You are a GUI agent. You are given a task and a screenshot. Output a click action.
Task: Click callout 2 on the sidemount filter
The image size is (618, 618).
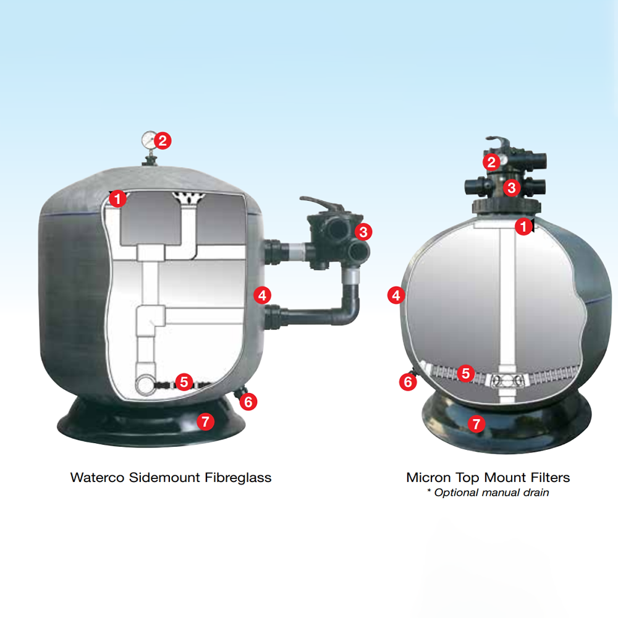[x=163, y=140]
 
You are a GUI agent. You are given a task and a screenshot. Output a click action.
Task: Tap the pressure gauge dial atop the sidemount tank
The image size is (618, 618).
[x=148, y=138]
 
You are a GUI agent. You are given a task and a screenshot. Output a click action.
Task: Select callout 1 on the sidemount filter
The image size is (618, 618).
[x=117, y=198]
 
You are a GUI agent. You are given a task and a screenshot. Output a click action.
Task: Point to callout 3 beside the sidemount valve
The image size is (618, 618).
[x=363, y=232]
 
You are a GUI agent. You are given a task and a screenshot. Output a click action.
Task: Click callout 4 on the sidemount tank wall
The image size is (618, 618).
[x=263, y=295]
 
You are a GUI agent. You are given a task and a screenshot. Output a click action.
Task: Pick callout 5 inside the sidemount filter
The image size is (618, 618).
[x=184, y=381]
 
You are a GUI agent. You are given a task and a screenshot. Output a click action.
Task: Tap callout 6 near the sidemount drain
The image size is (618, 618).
[x=248, y=402]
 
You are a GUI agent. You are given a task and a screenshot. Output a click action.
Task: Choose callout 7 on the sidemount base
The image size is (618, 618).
[x=205, y=421]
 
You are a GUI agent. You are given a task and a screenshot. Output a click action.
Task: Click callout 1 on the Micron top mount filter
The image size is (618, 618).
[x=523, y=226]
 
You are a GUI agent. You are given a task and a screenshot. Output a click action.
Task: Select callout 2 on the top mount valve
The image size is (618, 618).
[x=491, y=161]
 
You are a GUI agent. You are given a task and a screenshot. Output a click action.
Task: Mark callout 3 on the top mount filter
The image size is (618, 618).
[x=512, y=188]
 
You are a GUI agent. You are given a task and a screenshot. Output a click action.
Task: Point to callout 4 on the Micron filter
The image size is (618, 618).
[x=397, y=295]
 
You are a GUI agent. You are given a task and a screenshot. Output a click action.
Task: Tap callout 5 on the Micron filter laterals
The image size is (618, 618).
[x=466, y=373]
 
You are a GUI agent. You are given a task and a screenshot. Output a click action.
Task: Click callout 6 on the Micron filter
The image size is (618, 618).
[x=408, y=382]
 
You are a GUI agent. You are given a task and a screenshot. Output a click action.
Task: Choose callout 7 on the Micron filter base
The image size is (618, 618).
[x=476, y=424]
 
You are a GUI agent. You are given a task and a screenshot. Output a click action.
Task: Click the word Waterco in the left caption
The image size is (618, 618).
[x=98, y=478]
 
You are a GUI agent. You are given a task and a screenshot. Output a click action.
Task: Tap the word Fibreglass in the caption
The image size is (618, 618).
[x=238, y=478]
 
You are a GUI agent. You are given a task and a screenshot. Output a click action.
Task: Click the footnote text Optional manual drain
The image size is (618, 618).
[x=491, y=493]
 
